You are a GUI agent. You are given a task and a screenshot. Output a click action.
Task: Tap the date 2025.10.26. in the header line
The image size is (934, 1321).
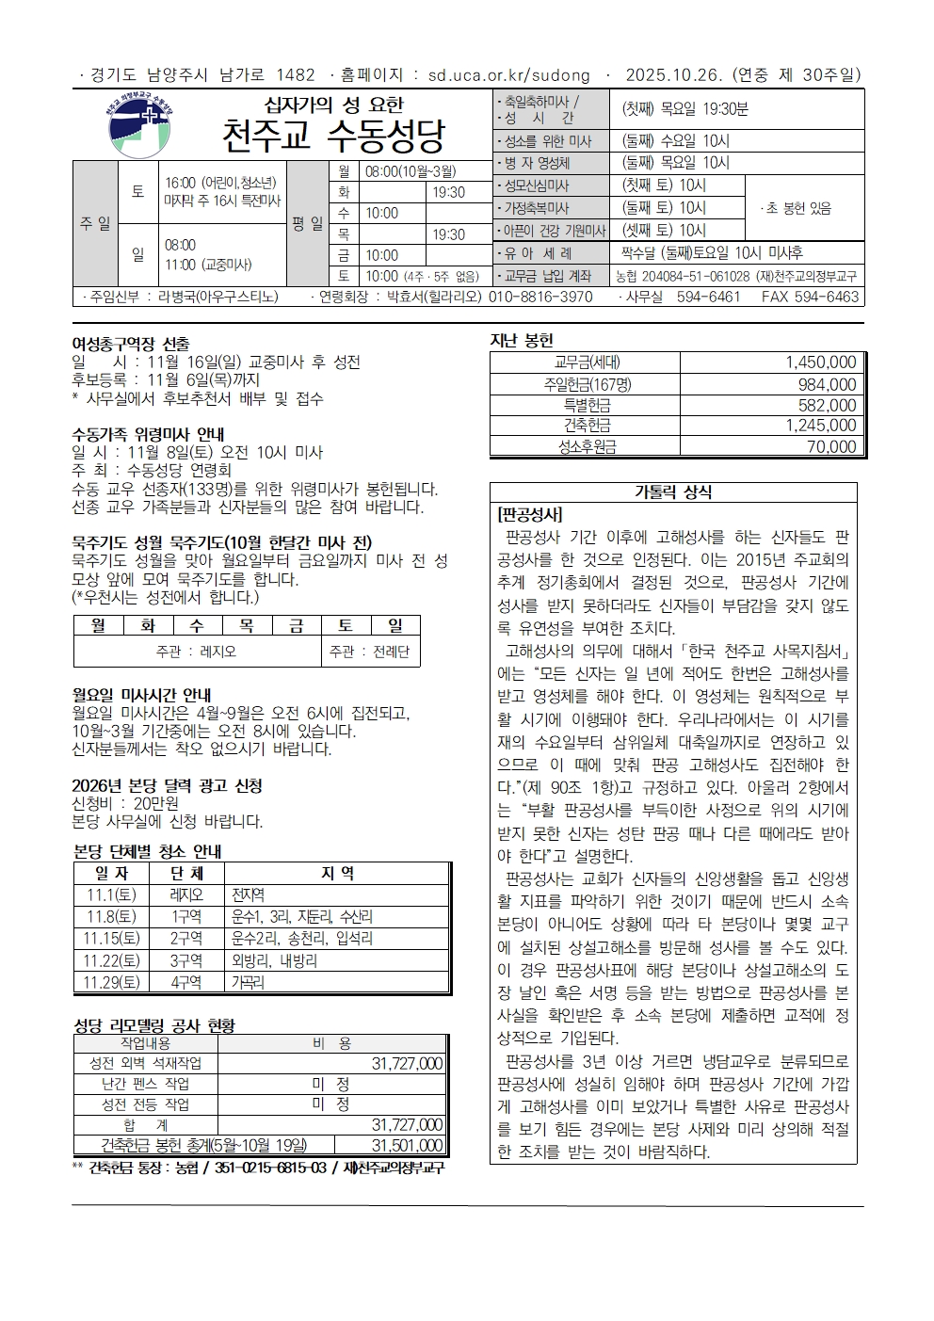665,75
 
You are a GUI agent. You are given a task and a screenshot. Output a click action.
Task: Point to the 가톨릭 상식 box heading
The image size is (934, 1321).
673,492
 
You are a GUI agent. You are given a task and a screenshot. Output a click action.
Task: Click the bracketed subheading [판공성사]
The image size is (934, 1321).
530,515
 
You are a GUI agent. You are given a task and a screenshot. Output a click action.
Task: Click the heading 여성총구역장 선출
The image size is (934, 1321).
131,345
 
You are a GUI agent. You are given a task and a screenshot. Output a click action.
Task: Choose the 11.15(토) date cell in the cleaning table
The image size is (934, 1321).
111,938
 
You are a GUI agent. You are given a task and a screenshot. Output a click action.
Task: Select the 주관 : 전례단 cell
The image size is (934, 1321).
369,652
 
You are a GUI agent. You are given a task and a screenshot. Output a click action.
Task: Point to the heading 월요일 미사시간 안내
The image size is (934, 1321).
142,695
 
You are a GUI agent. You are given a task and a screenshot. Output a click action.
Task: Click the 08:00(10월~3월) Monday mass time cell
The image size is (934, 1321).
411,171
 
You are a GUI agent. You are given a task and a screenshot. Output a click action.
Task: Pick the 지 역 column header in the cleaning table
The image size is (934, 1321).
337,874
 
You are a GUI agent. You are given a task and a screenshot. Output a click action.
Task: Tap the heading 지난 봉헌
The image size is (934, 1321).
522,340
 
